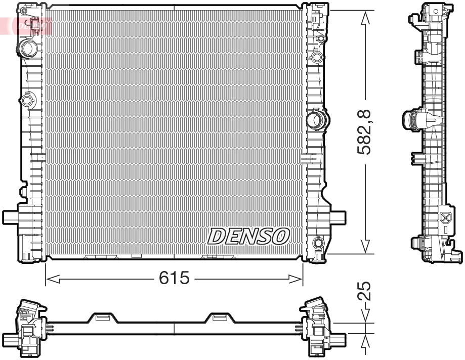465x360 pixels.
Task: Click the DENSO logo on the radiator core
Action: [248, 236]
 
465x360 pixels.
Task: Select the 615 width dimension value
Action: [174, 278]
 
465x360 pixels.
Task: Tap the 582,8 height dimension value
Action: [366, 132]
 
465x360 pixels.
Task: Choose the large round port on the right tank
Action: [317, 120]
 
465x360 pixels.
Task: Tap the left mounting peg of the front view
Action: [11, 217]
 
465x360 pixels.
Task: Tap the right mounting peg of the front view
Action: [338, 217]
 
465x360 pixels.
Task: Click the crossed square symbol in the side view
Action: [445, 218]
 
